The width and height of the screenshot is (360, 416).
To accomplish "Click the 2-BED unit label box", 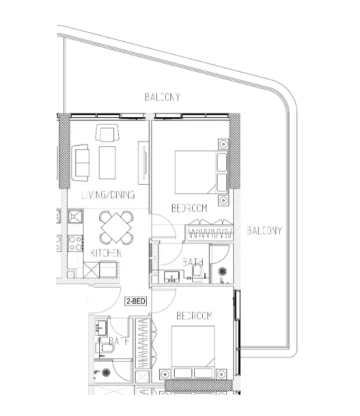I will [136, 302].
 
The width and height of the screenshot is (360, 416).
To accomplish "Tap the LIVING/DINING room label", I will [108, 195].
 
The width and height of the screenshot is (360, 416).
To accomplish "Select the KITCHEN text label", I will [106, 253].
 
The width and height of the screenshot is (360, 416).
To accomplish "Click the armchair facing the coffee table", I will [107, 133].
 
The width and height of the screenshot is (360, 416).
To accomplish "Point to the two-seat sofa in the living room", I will [81, 162].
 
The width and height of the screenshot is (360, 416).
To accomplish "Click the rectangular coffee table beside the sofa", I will [108, 162].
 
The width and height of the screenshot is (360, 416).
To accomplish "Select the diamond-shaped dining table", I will [117, 226].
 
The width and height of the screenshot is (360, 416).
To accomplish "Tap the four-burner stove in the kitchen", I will [74, 243].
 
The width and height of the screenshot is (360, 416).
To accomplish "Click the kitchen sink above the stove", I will [74, 217].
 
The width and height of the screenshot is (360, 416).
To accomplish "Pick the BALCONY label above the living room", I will [163, 97].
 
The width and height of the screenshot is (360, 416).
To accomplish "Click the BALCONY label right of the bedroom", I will [264, 231].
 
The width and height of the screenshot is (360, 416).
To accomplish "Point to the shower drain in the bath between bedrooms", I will [222, 272].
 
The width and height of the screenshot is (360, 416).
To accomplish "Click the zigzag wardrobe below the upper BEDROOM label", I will [209, 233].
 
